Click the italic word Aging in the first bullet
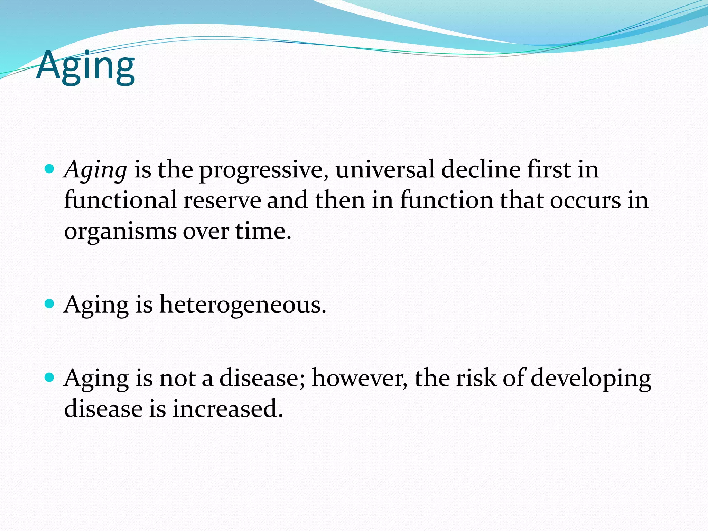[x=96, y=170]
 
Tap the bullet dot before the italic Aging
[x=50, y=169]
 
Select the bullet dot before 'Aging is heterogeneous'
[x=50, y=304]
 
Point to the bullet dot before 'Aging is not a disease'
[x=50, y=377]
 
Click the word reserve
[x=222, y=200]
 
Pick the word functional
[x=120, y=200]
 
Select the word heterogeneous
[x=242, y=305]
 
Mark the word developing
[x=591, y=378]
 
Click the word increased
[x=227, y=408]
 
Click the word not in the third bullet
[x=177, y=378]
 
